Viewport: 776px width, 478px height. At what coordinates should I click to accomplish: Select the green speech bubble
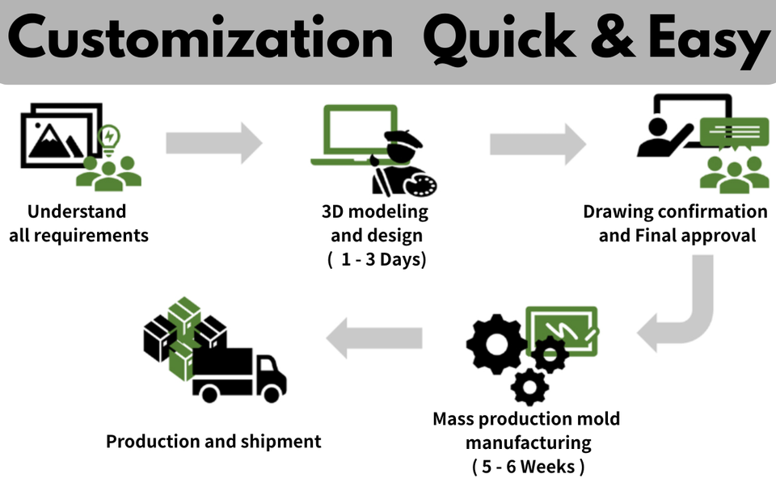click(x=733, y=132)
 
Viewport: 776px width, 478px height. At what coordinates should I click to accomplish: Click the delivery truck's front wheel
click(x=272, y=393)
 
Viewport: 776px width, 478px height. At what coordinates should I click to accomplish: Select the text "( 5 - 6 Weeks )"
click(x=528, y=466)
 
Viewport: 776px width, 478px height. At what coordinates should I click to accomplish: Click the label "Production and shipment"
click(x=213, y=441)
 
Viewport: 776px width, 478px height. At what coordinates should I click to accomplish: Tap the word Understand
click(x=77, y=212)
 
